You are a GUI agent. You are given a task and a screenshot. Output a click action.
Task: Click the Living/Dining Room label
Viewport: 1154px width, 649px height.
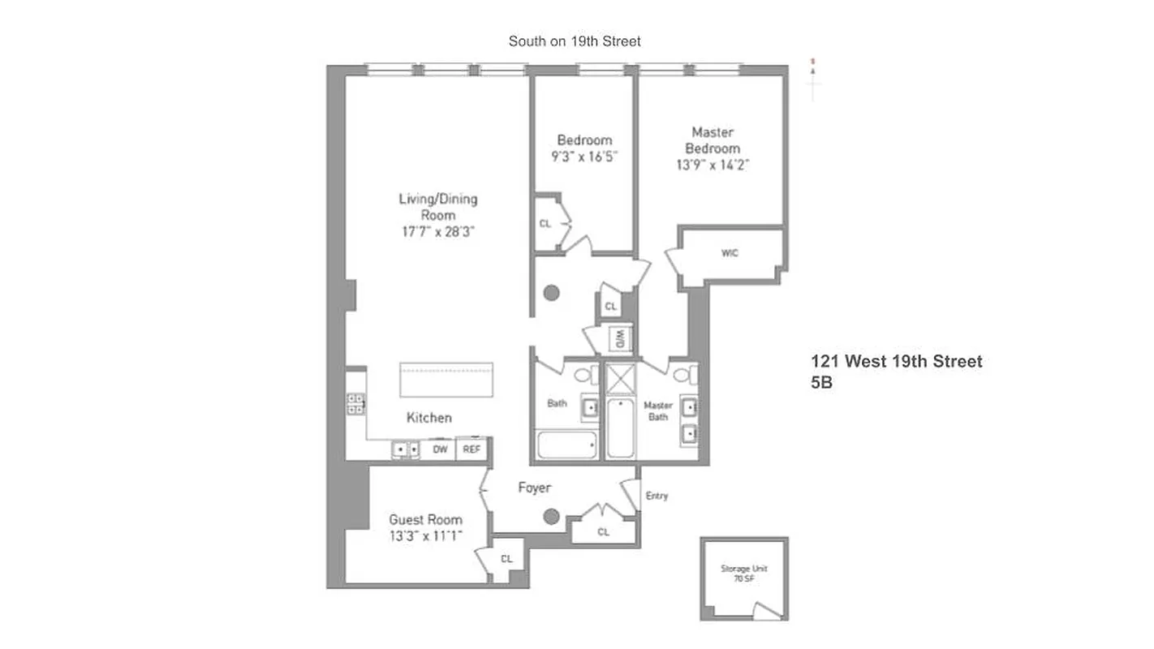point(437,207)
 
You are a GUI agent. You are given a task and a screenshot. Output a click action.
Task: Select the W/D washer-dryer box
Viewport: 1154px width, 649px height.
point(619,339)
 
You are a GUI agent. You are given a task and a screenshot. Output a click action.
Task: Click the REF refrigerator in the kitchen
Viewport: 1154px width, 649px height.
point(472,449)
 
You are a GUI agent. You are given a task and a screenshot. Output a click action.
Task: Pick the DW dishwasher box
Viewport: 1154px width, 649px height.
point(439,449)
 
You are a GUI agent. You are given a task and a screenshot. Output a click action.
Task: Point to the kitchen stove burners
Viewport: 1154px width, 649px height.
point(356,403)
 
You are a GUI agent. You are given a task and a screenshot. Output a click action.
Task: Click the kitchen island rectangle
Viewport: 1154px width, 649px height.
point(446,380)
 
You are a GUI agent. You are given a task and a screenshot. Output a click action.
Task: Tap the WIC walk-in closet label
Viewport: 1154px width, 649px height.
point(730,253)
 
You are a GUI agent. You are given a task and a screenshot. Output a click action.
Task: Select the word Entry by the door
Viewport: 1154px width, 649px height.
point(657,496)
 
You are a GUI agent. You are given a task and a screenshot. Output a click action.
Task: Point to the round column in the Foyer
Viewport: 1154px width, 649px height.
point(552,516)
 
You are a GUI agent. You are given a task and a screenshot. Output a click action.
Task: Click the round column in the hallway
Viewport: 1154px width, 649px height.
point(552,293)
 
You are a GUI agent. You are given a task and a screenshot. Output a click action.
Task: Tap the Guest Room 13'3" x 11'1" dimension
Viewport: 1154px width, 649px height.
point(425,535)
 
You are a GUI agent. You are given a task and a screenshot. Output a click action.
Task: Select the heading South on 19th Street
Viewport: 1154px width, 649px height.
point(574,41)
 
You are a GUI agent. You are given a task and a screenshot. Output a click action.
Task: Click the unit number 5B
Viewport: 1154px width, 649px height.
point(821,384)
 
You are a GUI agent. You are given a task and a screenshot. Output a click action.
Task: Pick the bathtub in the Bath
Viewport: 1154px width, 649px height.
point(567,445)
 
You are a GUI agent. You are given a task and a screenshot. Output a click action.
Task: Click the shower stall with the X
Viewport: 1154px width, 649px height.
point(621,379)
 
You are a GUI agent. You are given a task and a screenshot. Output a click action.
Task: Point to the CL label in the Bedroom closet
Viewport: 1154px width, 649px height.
point(545,223)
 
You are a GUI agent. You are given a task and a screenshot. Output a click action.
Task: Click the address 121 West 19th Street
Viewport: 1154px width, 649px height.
point(896,362)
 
